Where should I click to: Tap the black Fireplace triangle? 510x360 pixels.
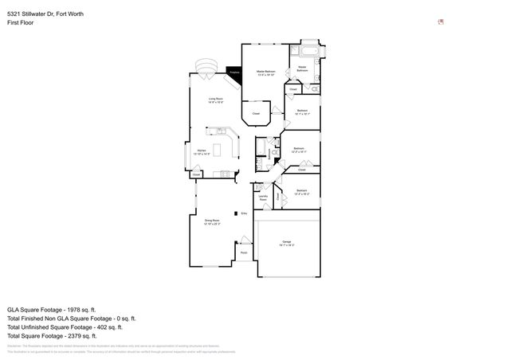(x=234, y=73)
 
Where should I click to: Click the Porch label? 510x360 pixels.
(x=244, y=253)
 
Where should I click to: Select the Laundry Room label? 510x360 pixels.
(x=263, y=198)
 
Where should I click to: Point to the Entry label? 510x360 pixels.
(x=245, y=213)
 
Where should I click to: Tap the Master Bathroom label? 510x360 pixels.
(x=303, y=69)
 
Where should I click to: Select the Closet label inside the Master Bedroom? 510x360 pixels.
(x=256, y=114)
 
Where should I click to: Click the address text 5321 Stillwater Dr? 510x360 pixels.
(x=45, y=14)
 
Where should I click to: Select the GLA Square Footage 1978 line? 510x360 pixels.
(x=51, y=309)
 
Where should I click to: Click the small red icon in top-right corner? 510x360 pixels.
(x=441, y=22)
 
